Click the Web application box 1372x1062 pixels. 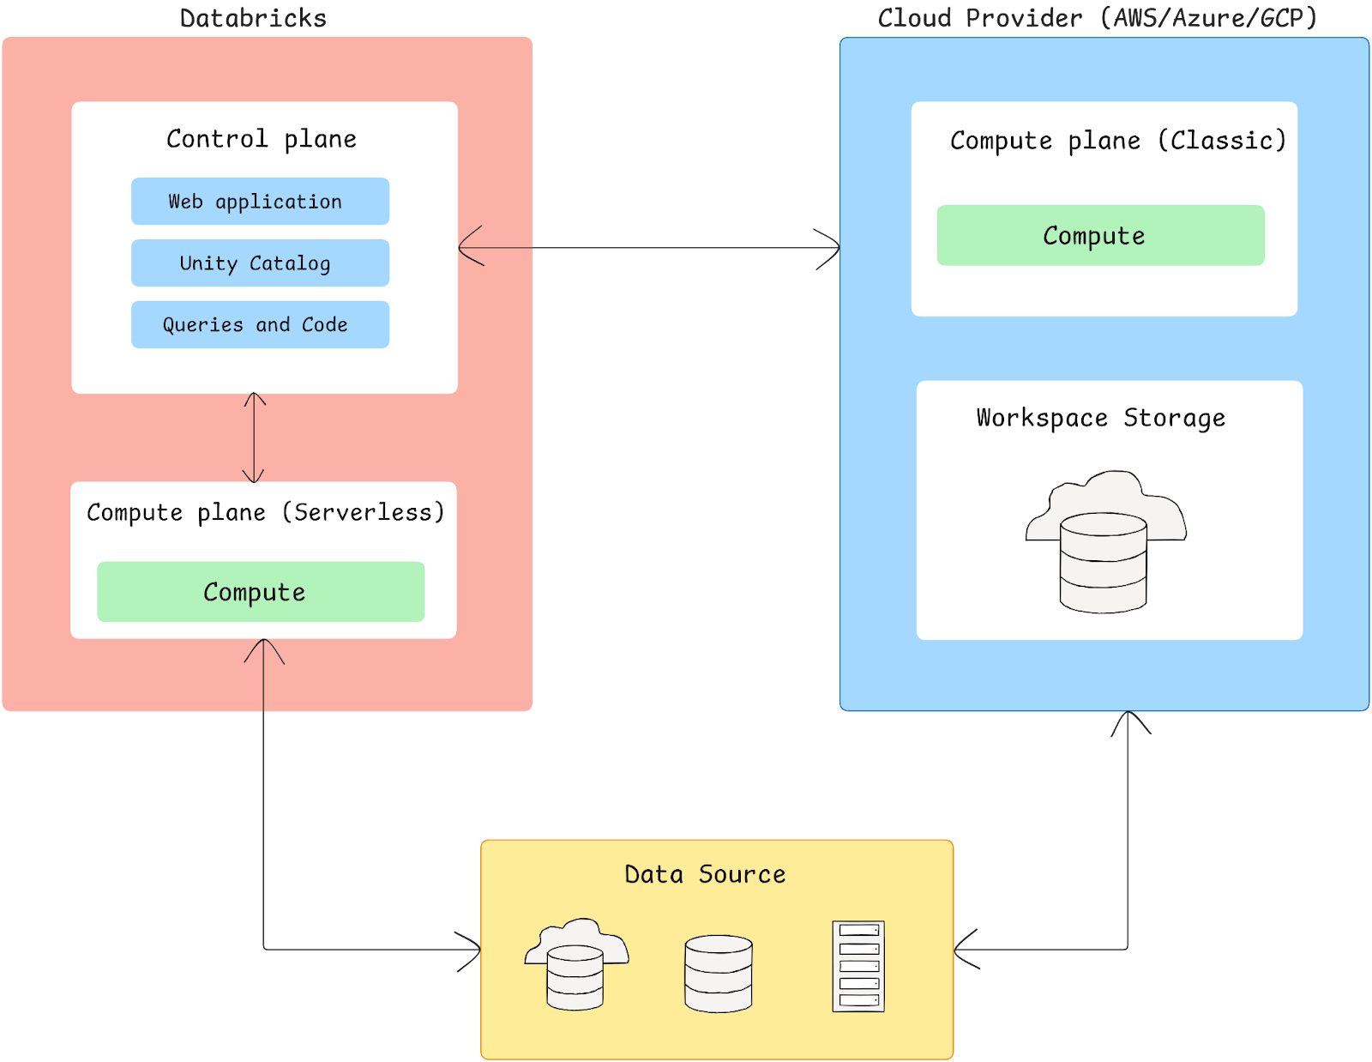click(260, 202)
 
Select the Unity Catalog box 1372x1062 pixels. click(260, 263)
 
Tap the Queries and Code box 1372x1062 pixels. click(260, 324)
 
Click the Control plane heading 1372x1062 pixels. click(262, 139)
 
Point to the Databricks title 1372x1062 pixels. click(253, 18)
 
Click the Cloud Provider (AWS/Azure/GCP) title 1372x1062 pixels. click(1098, 18)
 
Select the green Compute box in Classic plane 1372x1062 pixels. click(1100, 236)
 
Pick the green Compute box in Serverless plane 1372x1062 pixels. click(261, 592)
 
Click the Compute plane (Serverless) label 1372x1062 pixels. click(266, 512)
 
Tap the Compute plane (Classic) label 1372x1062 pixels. click(1118, 141)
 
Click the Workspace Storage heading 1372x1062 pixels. click(1101, 418)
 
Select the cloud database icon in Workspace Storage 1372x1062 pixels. click(1104, 540)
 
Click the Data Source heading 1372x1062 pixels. click(705, 874)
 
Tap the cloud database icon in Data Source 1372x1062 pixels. click(576, 964)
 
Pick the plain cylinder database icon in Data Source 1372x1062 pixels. click(719, 974)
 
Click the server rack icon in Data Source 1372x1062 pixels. click(858, 967)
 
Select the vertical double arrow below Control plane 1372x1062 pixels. click(254, 437)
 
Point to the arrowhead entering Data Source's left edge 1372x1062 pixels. click(471, 950)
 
